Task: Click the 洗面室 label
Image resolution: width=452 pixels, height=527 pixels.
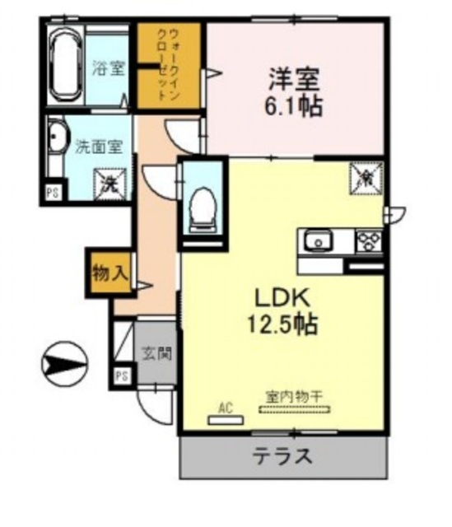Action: [99, 148]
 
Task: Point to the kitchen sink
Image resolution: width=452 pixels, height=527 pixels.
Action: [317, 242]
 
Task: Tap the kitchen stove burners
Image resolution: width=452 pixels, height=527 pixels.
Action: [367, 242]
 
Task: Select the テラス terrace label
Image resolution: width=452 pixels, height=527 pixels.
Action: [282, 455]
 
